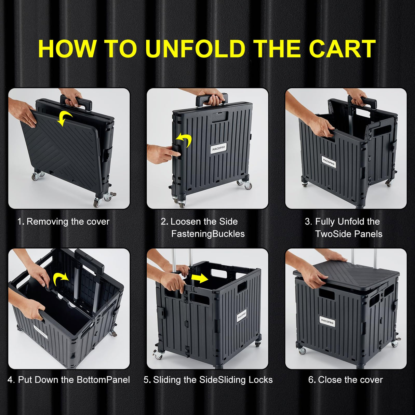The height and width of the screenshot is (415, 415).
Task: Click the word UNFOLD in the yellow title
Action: click(195, 49)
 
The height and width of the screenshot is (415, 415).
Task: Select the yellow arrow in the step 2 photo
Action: click(184, 140)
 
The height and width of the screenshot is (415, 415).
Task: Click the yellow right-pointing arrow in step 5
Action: click(200, 279)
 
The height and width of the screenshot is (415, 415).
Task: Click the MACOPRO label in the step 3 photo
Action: click(329, 162)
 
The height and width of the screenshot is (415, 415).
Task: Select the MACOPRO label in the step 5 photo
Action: click(242, 315)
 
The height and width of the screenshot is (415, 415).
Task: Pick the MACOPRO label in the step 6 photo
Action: click(327, 322)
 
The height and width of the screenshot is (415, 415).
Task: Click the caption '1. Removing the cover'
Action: click(64, 222)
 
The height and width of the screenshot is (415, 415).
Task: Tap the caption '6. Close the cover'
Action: click(346, 380)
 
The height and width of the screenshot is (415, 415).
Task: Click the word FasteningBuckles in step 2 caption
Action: click(208, 234)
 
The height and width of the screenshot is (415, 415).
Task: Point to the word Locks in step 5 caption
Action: click(260, 380)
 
